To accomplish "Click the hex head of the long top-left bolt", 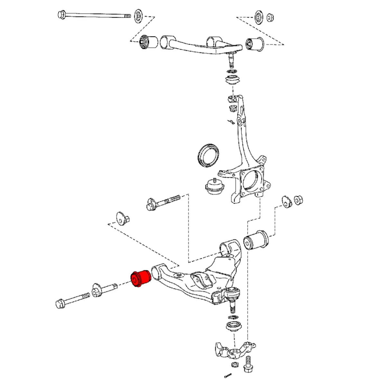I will tap(61, 14).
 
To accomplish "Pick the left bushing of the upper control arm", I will tap(149, 41).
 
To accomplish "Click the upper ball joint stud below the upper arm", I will tap(230, 59).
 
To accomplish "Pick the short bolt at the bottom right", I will tap(248, 363).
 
